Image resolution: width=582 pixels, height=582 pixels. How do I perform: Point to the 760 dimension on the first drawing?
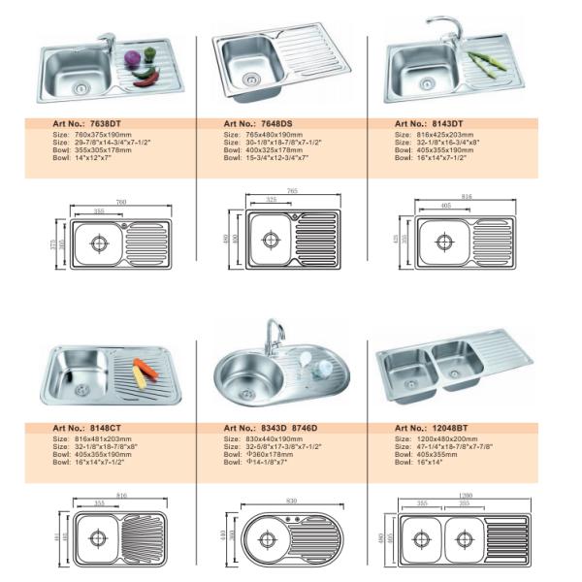coord(122,203)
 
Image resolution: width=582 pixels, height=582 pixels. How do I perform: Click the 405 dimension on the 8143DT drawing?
coord(444,207)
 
